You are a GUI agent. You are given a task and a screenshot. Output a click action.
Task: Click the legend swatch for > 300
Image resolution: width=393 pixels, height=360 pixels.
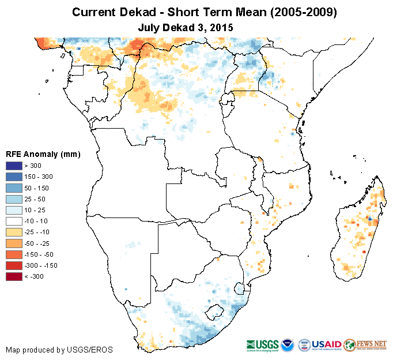click(14, 166)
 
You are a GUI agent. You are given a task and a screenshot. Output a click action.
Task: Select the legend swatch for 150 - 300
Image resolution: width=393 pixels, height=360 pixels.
click(14, 177)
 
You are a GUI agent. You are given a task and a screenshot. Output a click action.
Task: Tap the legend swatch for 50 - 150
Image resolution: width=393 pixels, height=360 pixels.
click(14, 187)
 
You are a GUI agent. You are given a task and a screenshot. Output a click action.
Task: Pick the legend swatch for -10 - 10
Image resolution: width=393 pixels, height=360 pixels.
click(14, 221)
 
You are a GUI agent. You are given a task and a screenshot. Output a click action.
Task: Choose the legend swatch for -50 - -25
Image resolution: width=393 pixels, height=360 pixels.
click(14, 243)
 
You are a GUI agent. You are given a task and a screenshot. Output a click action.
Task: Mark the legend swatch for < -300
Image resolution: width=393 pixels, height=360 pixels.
click(14, 276)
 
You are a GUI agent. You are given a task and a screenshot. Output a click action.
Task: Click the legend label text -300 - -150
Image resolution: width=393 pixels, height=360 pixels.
click(41, 265)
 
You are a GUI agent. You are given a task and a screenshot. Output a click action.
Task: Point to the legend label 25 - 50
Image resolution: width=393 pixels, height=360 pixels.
click(36, 199)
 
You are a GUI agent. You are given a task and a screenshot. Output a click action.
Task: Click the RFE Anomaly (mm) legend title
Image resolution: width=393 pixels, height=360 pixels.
click(43, 154)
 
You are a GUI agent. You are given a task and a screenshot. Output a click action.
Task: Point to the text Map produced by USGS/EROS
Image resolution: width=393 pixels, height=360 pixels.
click(59, 350)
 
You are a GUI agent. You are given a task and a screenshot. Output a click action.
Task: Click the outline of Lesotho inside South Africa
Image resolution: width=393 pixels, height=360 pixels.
click(216, 310)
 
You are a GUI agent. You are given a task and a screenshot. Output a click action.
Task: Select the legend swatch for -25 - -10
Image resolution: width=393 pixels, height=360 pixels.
click(14, 232)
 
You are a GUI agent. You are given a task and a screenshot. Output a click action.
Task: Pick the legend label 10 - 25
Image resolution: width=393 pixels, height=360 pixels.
click(36, 210)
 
